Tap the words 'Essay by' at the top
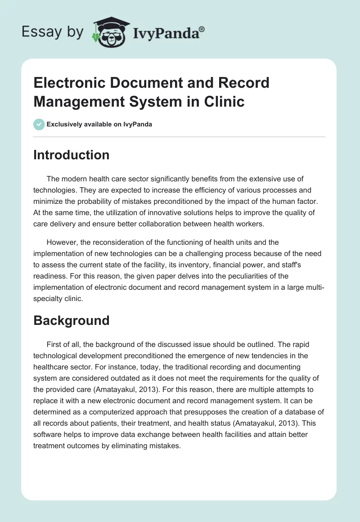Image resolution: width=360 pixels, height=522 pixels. click(x=53, y=32)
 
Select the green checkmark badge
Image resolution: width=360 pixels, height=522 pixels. click(x=39, y=124)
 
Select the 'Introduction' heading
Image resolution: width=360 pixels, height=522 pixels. click(x=72, y=155)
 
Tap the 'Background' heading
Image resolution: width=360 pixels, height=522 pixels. click(x=72, y=320)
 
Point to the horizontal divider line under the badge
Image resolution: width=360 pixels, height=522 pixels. click(x=180, y=136)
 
